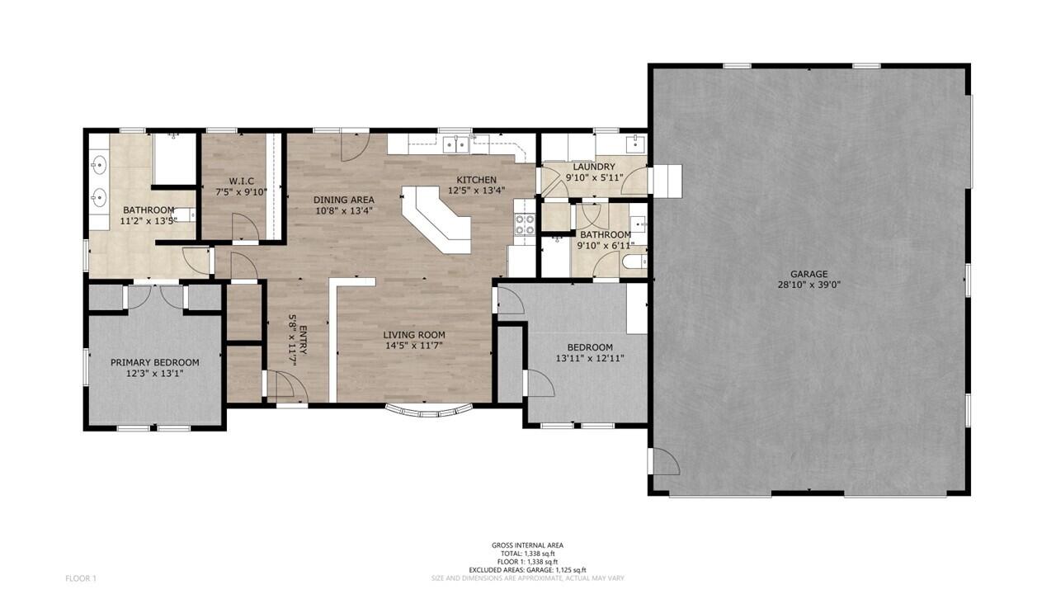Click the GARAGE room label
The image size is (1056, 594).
[x=808, y=274]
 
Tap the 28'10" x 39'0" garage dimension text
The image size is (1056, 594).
[x=808, y=285]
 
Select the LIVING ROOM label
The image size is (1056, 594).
[x=414, y=335]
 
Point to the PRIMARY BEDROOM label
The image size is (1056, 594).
[x=155, y=362]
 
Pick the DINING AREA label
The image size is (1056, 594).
[x=344, y=200]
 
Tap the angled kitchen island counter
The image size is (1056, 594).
[x=437, y=219]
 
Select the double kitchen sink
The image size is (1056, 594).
[x=455, y=145]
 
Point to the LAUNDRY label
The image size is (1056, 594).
[x=593, y=167]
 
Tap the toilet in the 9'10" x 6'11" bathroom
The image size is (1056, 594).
[x=634, y=262]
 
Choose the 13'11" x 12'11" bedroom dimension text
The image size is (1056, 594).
[x=590, y=359]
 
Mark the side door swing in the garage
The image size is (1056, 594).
[x=665, y=460]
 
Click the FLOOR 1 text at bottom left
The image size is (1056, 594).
[x=81, y=578]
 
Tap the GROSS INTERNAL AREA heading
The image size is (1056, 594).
[x=527, y=545]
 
